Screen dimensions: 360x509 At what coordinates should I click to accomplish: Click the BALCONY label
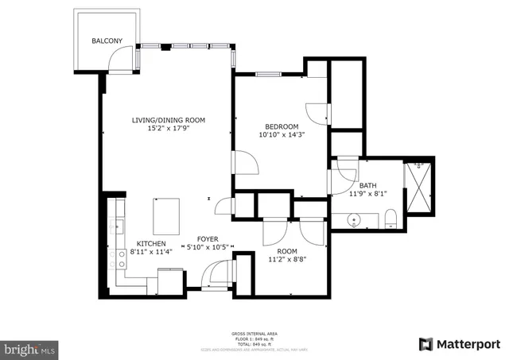pyautogui.click(x=106, y=41)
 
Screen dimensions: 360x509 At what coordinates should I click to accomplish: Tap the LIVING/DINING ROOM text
pyautogui.click(x=169, y=120)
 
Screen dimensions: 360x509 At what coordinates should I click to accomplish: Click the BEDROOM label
pyautogui.click(x=282, y=126)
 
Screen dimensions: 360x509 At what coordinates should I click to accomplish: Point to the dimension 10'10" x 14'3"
pyautogui.click(x=282, y=135)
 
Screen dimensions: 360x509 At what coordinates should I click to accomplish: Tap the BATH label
pyautogui.click(x=367, y=185)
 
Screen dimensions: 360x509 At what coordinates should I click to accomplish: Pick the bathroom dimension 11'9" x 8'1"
pyautogui.click(x=367, y=193)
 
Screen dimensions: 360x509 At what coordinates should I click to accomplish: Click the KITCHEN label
pyautogui.click(x=151, y=243)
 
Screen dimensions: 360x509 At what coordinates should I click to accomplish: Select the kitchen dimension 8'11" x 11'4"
pyautogui.click(x=151, y=252)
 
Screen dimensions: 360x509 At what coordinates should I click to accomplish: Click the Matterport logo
pyautogui.click(x=460, y=343)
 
